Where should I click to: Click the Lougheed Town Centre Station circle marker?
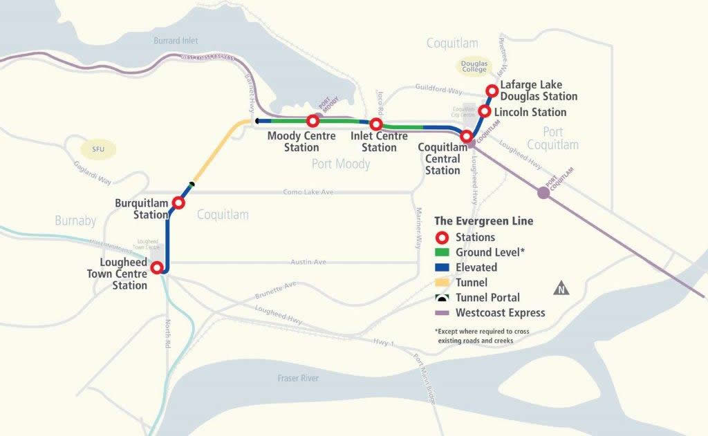click(158, 268)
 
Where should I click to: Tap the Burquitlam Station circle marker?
click(178, 203)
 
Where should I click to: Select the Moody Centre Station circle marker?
click(313, 122)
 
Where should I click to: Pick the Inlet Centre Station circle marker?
click(376, 124)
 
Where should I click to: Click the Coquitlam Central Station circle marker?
click(467, 137)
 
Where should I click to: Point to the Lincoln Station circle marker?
click(485, 111)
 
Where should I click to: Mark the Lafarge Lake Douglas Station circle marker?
click(492, 91)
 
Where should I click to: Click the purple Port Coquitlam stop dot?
click(543, 193)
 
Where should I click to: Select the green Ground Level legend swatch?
click(443, 252)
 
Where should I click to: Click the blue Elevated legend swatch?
click(443, 267)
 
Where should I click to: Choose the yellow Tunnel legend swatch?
click(443, 283)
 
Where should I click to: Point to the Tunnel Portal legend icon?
click(443, 298)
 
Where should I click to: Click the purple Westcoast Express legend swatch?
click(443, 313)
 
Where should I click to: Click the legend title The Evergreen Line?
click(483, 221)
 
